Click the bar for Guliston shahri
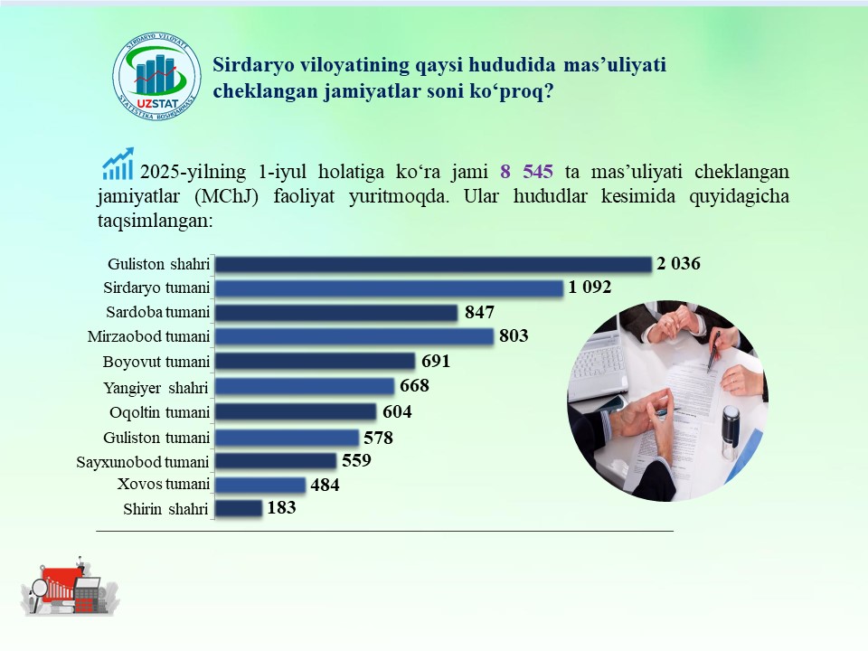(433, 264)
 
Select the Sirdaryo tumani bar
(389, 288)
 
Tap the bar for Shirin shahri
(239, 508)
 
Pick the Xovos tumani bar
(260, 485)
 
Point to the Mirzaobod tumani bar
(354, 336)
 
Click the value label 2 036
(678, 263)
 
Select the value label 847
(479, 312)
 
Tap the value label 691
(436, 361)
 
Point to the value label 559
(356, 460)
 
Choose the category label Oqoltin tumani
(159, 412)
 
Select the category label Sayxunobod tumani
(143, 462)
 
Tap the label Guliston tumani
(156, 438)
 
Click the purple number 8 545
(526, 172)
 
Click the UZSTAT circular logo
(156, 76)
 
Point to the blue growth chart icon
(118, 164)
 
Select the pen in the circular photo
(713, 351)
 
